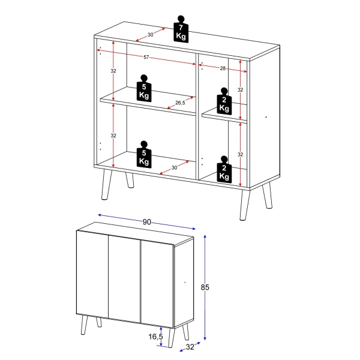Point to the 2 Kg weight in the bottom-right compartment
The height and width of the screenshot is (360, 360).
[224, 170]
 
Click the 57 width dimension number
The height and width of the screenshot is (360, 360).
[146, 58]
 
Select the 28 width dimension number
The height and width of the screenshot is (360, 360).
[223, 69]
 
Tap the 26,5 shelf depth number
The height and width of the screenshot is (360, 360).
[179, 103]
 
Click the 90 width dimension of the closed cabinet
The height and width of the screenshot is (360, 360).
[146, 221]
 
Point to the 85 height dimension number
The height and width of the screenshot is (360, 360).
[205, 288]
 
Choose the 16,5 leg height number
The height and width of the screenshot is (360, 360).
[155, 337]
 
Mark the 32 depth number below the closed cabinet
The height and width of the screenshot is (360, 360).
[190, 347]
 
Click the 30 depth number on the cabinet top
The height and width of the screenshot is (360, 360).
[151, 35]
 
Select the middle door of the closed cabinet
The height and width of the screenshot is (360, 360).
[124, 278]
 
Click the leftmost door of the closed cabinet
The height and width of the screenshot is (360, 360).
[92, 274]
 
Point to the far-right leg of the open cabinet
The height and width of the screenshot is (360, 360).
[268, 197]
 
